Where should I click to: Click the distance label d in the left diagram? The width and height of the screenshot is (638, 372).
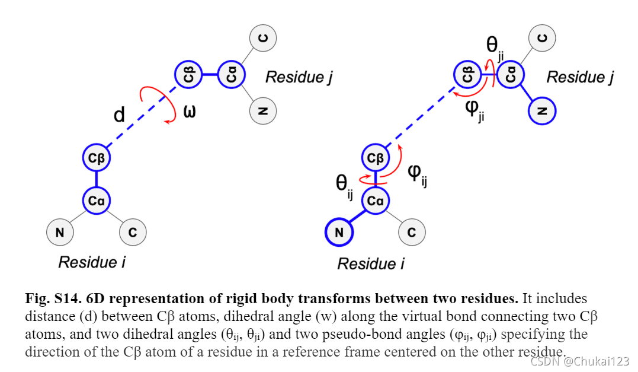[119, 115]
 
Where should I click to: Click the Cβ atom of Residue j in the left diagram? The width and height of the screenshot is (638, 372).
[188, 75]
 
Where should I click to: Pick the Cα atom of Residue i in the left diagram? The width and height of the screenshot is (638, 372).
[97, 201]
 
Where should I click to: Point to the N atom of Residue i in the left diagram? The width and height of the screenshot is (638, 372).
[60, 233]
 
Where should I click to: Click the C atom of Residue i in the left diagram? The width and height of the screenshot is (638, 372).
[133, 233]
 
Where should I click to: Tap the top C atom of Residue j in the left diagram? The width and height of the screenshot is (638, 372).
[263, 39]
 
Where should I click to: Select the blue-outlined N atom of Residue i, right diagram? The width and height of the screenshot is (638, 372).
[339, 233]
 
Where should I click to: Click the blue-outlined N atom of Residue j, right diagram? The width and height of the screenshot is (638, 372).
[543, 110]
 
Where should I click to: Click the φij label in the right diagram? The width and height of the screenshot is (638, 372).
[418, 174]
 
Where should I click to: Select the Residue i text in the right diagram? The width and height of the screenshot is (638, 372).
[371, 263]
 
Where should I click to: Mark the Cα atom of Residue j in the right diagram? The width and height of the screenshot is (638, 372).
[511, 75]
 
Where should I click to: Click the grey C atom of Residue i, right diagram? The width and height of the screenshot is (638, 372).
[412, 233]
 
